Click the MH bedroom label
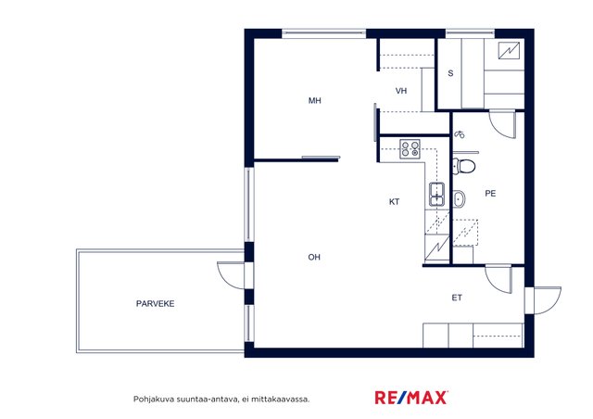coord(315,101)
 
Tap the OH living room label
coord(314,258)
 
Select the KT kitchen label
coord(394,202)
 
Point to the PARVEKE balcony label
coord(155,303)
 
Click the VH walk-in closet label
coord(401,91)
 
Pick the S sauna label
coord(450,73)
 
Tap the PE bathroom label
coord(490,194)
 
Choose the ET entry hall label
coord(457,298)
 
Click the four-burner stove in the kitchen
coord(410,148)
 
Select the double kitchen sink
coord(436,194)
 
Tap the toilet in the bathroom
coord(464,166)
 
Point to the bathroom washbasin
coord(460,198)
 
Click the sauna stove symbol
coord(509,50)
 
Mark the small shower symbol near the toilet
coord(460,134)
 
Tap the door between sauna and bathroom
coord(502,124)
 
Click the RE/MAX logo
coord(411,398)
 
